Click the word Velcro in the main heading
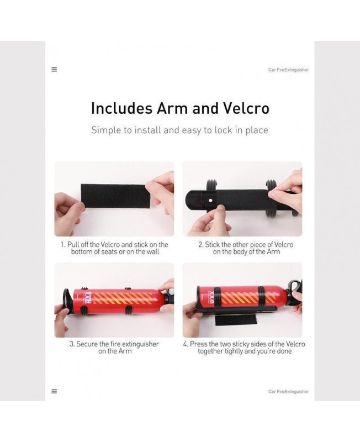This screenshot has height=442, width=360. (246, 108)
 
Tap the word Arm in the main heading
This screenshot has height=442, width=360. (172, 108)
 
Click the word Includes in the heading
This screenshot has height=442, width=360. (121, 108)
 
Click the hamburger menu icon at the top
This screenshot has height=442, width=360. (54, 70)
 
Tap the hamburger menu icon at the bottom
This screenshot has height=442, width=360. (54, 391)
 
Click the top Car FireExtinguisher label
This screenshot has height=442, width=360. (288, 70)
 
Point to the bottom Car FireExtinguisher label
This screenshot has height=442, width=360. (288, 392)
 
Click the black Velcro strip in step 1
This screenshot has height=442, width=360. (115, 196)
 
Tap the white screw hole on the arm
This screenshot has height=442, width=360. (210, 201)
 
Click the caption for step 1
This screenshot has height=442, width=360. (115, 248)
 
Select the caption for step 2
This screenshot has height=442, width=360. (246, 248)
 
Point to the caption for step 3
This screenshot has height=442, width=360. (114, 348)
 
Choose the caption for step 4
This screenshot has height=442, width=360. (244, 348)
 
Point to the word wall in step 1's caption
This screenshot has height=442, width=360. (153, 252)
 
